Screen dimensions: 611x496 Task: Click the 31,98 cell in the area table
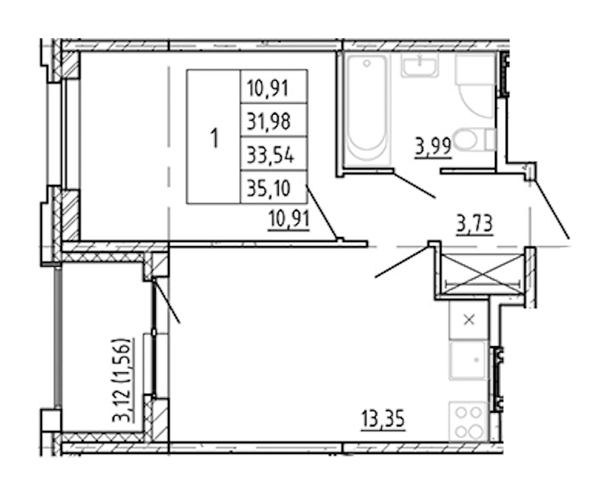[274, 121]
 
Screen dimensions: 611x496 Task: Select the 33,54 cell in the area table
[274, 154]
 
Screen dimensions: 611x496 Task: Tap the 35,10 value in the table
[274, 187]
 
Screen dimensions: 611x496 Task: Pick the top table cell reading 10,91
[274, 87]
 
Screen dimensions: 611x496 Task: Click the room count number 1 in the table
[214, 138]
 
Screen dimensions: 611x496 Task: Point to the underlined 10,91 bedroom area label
[289, 219]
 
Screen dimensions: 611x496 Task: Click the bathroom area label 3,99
[433, 147]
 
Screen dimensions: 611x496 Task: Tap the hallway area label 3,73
[475, 224]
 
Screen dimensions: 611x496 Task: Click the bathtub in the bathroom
[367, 110]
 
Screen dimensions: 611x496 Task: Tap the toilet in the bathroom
[474, 140]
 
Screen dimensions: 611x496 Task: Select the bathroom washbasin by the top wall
[420, 66]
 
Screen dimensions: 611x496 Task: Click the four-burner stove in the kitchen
[468, 422]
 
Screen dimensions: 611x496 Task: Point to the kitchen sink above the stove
[468, 360]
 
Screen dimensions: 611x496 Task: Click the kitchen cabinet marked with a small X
[468, 319]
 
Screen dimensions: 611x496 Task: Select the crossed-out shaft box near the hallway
[483, 274]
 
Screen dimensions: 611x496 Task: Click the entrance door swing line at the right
[551, 209]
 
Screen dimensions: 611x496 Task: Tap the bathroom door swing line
[414, 184]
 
